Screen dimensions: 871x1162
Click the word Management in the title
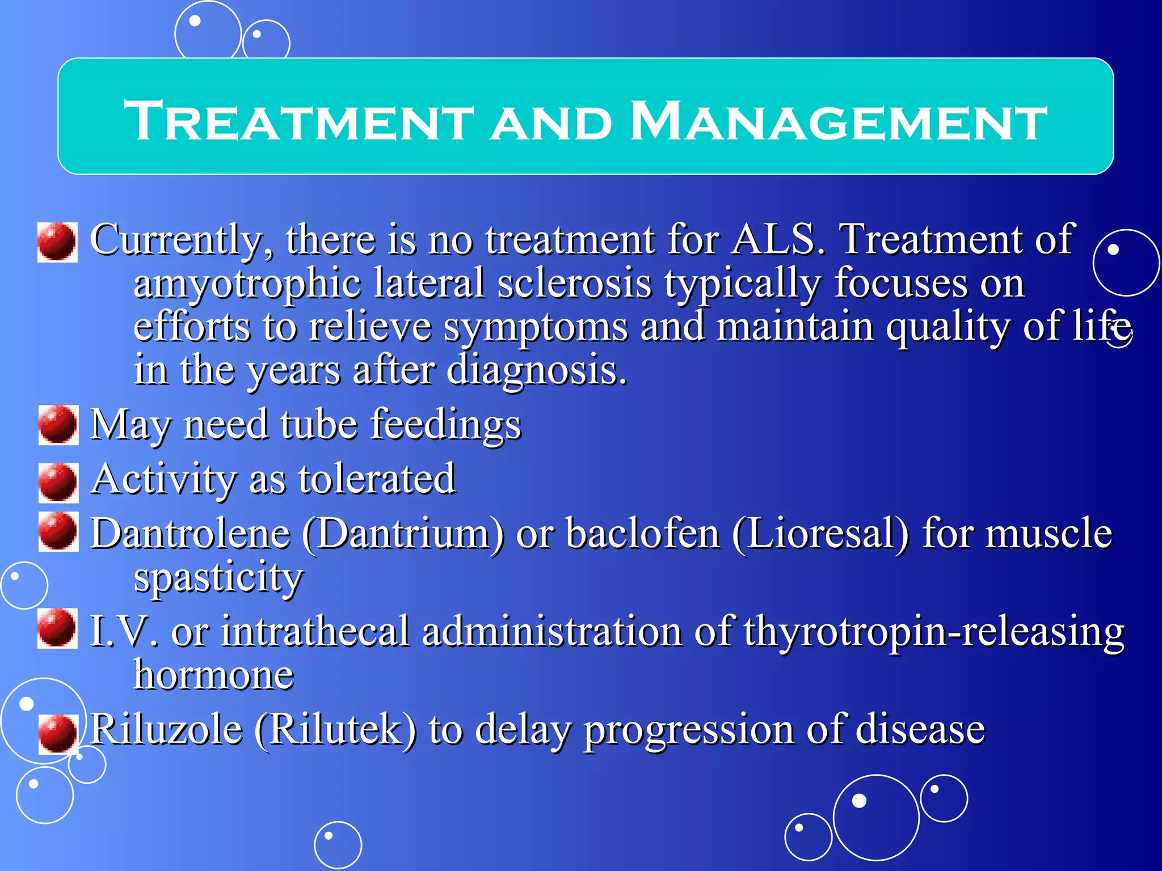click(839, 121)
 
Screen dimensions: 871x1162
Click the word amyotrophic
click(247, 284)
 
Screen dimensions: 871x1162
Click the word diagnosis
click(537, 370)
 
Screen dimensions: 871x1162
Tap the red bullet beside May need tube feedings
click(57, 425)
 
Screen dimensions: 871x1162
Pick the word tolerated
click(377, 479)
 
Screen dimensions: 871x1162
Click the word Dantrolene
click(191, 534)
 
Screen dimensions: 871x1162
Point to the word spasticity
click(218, 578)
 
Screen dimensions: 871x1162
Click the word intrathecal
click(315, 632)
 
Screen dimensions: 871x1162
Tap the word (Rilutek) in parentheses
click(335, 729)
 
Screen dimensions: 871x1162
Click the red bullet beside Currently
click(57, 242)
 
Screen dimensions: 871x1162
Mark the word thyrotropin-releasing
click(933, 632)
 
